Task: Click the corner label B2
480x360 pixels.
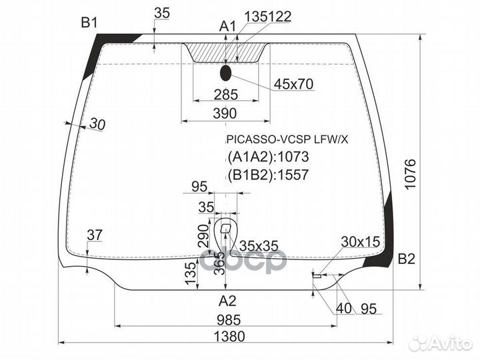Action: [407, 259]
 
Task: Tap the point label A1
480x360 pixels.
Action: [228, 27]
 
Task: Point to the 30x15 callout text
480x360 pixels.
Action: [359, 241]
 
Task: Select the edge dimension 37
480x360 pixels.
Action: [95, 235]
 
